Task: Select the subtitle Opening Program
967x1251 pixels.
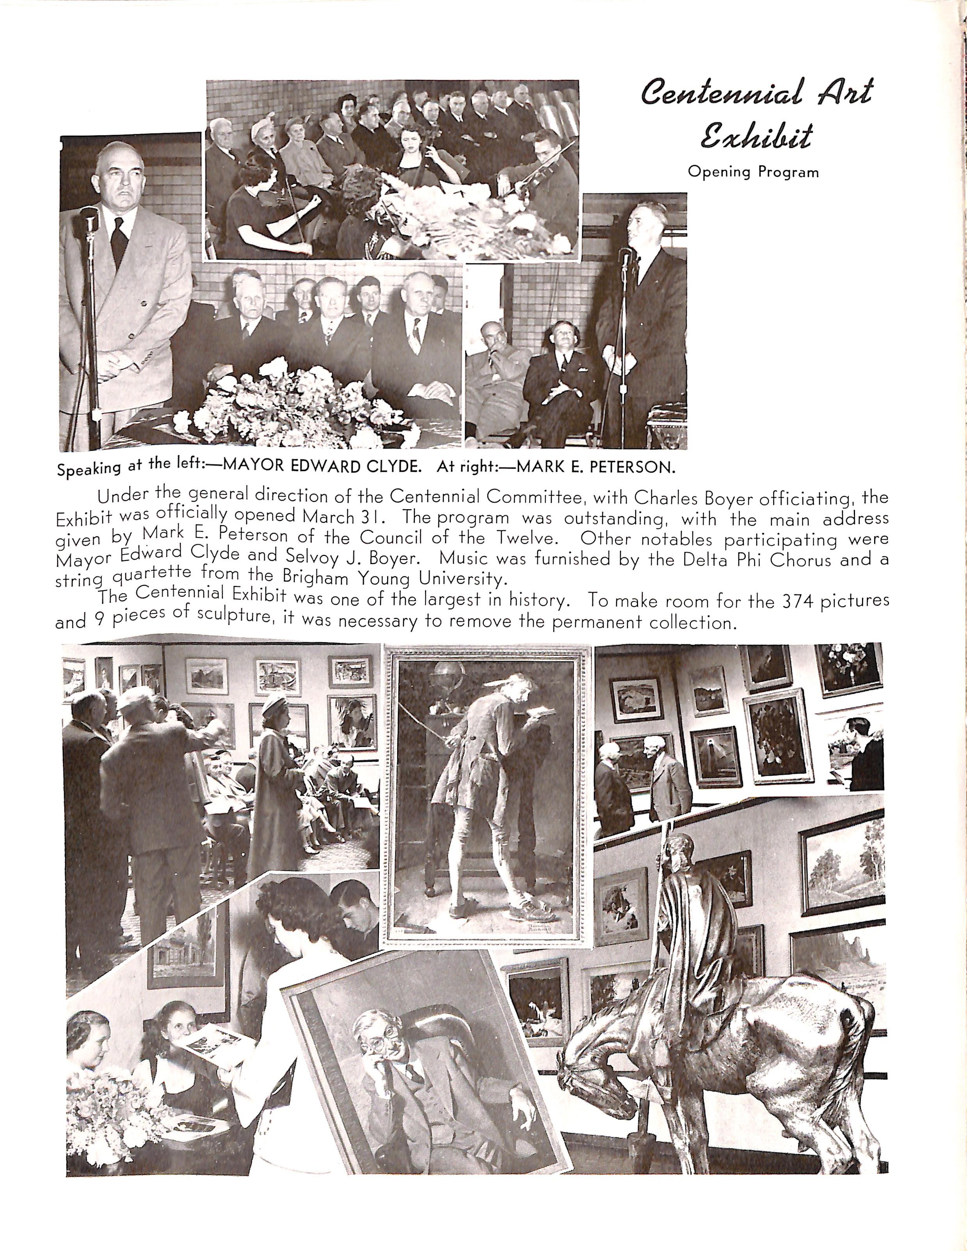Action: [x=753, y=171]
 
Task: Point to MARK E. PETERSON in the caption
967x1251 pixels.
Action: [x=596, y=467]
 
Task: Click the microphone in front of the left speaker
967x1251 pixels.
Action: [x=89, y=218]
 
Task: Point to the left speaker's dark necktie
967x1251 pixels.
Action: [x=119, y=241]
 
